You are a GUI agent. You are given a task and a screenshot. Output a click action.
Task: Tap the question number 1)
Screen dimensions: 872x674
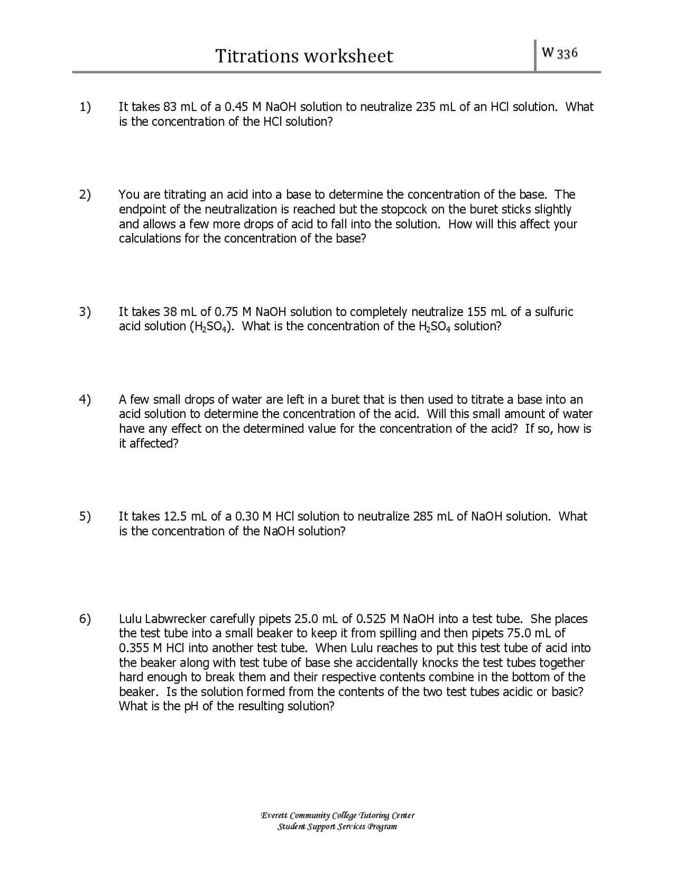85,107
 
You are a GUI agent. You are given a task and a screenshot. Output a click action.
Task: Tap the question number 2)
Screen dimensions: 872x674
85,195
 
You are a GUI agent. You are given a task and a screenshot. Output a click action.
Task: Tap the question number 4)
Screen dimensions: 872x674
85,400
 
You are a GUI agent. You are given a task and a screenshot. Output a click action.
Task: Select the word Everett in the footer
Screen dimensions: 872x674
274,816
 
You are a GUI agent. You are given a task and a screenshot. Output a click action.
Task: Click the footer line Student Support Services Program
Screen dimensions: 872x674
337,827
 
